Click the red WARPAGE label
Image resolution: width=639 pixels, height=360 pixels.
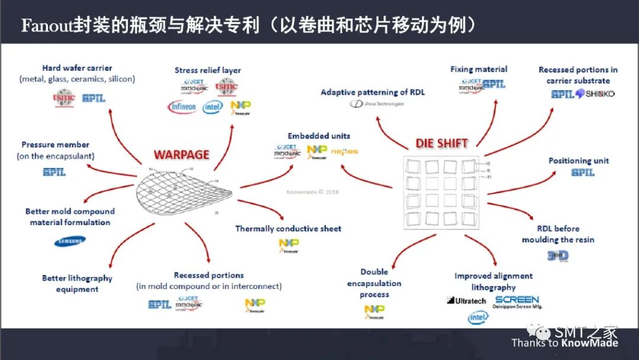click(182, 155)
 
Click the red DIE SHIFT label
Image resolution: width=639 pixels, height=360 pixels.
click(441, 143)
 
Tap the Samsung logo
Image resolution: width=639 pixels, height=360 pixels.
click(69, 241)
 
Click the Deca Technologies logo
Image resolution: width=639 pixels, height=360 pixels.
click(376, 104)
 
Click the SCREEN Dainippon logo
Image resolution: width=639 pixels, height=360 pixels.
click(517, 302)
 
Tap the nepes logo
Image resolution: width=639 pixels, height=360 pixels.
click(344, 152)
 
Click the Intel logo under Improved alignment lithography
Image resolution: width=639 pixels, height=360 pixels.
click(479, 318)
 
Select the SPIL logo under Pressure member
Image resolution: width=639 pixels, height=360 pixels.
click(54, 172)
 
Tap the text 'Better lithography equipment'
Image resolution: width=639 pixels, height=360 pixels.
click(77, 284)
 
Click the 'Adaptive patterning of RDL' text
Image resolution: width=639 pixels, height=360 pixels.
click(373, 92)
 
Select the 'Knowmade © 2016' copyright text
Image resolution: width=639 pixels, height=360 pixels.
click(313, 192)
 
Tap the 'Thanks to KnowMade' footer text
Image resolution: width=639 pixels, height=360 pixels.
click(564, 343)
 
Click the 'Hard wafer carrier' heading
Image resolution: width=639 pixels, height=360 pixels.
click(77, 68)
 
